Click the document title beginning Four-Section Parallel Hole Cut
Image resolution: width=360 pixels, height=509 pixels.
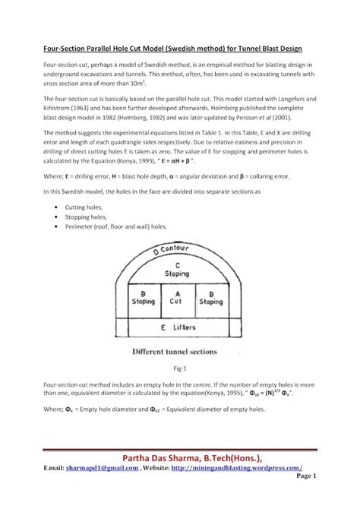tap(179, 47)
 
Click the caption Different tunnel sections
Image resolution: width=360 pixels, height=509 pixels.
tap(175, 352)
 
